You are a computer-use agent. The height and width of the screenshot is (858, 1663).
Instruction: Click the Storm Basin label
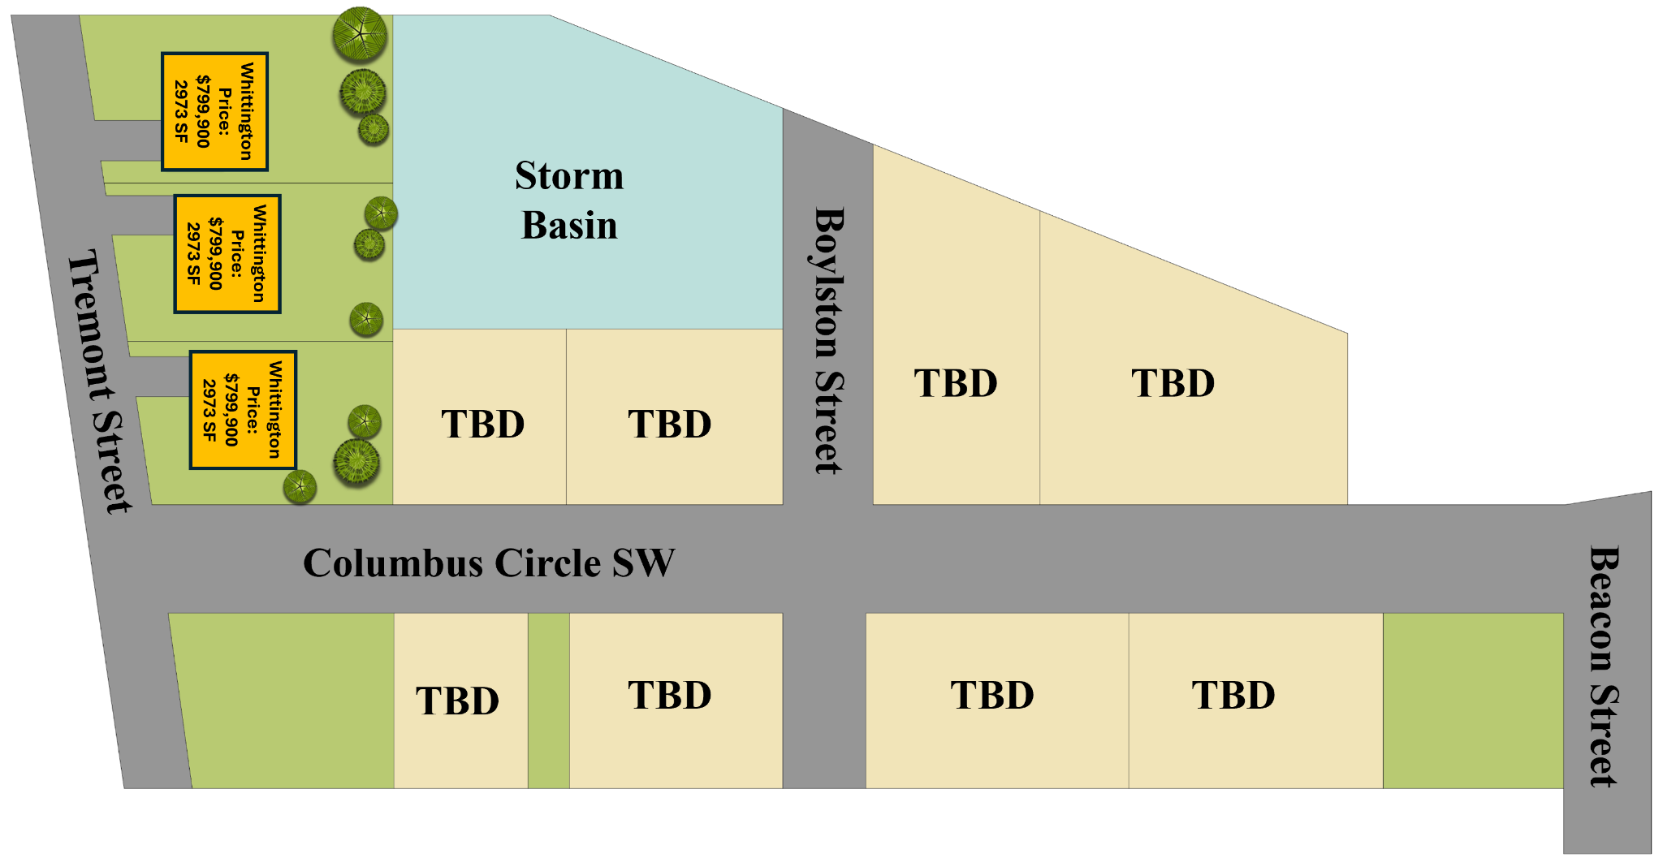569,200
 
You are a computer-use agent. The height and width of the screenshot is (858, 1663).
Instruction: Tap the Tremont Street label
100,382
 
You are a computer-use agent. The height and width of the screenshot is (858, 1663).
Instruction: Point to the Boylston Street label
828,341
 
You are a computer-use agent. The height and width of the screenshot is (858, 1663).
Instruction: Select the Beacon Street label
1604,666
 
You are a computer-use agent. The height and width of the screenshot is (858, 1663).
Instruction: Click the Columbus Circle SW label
489,563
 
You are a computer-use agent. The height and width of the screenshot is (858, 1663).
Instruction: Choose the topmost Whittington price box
214,111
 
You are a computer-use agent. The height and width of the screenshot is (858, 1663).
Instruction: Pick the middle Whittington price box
227,253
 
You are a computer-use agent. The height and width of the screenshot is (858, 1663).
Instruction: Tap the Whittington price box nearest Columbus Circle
243,410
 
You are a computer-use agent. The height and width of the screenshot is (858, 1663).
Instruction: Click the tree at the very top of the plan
360,34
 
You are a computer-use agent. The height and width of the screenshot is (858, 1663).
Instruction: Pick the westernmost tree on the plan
300,487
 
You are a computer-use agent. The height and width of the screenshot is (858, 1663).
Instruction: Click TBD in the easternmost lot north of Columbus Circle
1173,383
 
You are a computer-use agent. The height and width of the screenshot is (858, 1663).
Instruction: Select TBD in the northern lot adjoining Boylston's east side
956,383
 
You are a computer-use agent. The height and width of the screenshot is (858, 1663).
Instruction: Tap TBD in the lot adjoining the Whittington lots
483,424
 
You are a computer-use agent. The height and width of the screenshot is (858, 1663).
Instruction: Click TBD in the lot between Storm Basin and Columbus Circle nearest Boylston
670,424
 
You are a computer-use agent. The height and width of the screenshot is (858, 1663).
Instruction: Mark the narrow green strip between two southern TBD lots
549,700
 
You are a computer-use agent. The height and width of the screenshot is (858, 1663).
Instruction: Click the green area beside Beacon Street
1473,700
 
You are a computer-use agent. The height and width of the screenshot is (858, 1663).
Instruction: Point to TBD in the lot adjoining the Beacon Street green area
1233,695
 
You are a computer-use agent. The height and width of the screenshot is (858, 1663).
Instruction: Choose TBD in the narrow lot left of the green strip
458,701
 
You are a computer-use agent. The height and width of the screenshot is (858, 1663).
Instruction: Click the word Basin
569,225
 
